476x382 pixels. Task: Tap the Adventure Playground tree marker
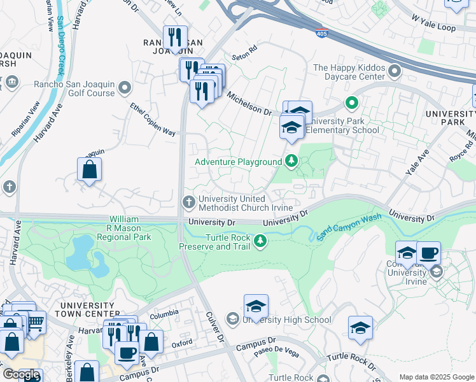tap(291, 161)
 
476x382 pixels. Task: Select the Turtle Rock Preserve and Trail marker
tap(260, 241)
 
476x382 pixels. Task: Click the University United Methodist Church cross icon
tap(189, 202)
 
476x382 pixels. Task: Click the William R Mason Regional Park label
tap(123, 228)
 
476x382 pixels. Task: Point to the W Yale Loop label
tap(434, 28)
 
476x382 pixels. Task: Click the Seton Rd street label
tap(244, 48)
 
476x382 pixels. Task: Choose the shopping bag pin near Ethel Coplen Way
tap(90, 169)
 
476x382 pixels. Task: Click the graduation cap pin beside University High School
tap(256, 306)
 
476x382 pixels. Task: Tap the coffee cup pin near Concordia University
tap(429, 253)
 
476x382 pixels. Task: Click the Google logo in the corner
tap(20, 374)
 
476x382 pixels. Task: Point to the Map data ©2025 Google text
tap(436, 377)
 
